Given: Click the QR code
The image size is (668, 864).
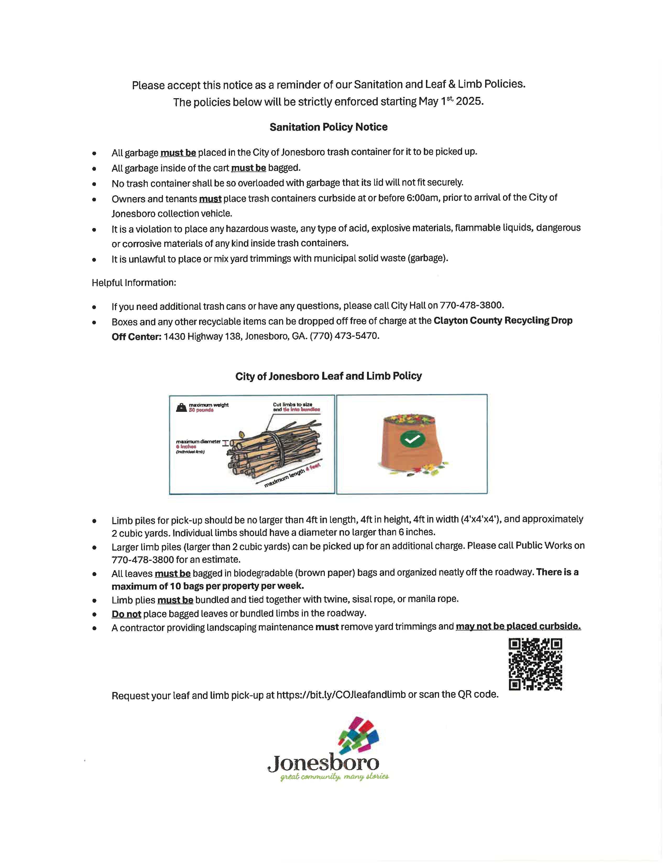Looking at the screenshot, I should click(x=535, y=664).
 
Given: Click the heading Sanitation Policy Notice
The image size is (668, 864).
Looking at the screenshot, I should click(x=328, y=127).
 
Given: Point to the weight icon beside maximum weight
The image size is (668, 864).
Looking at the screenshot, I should click(x=181, y=407).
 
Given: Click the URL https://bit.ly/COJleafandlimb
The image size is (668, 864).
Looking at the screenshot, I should click(x=341, y=695).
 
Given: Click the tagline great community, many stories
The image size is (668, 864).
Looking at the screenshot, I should click(x=335, y=777).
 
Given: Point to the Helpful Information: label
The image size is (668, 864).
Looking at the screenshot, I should click(x=134, y=283).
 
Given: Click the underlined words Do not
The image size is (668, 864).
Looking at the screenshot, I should click(x=126, y=614).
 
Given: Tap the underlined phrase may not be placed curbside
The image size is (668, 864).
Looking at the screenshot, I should click(x=518, y=626).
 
